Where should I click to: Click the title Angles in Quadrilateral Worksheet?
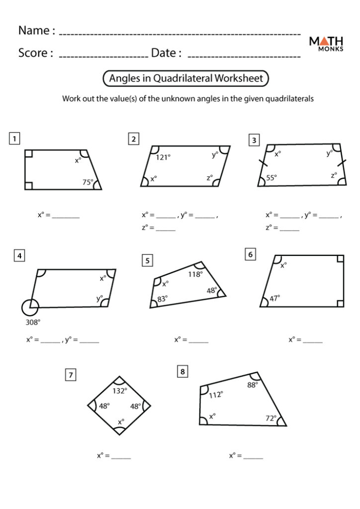click(186, 79)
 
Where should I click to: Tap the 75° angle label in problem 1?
click(88, 182)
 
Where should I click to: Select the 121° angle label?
click(163, 157)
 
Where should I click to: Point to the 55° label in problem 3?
click(271, 177)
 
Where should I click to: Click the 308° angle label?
click(33, 322)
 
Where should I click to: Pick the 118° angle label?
click(195, 274)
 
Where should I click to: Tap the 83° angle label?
click(162, 299)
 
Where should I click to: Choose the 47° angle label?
click(274, 298)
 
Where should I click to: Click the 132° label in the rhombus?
click(119, 391)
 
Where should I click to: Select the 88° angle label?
click(253, 384)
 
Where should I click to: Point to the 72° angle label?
click(271, 419)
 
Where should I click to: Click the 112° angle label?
click(215, 395)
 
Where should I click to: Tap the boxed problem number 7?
click(71, 375)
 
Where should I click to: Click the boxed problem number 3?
click(254, 141)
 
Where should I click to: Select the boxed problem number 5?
click(147, 260)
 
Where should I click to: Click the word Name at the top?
click(33, 30)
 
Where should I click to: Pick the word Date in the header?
click(162, 53)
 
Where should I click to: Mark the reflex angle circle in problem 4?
click(30, 308)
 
